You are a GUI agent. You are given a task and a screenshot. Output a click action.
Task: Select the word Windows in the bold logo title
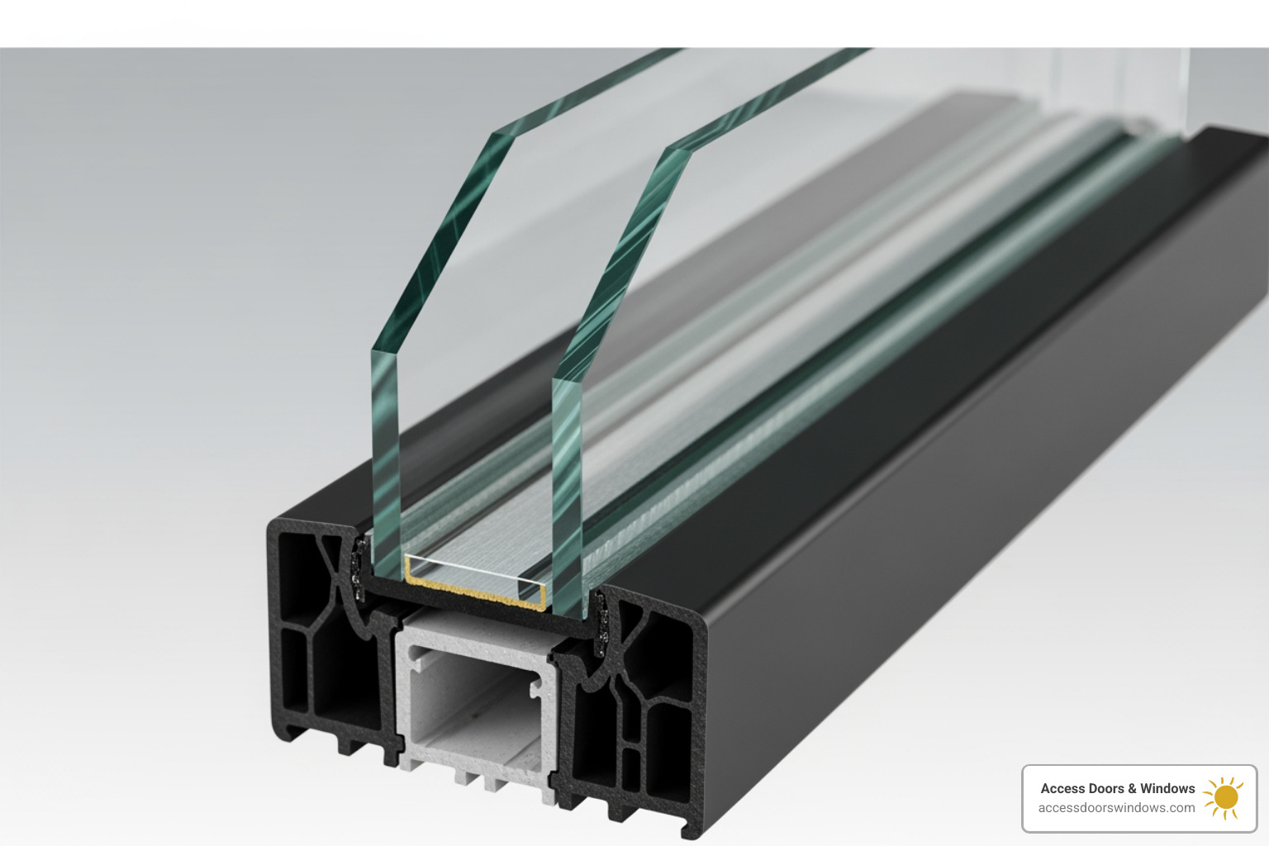pos(1167,788)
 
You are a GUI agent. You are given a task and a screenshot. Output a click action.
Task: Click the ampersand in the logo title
pos(1133,788)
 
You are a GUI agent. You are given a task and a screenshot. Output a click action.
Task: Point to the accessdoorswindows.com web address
pos(1116,808)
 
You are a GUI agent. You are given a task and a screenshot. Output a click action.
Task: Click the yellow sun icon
pos(1224,797)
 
